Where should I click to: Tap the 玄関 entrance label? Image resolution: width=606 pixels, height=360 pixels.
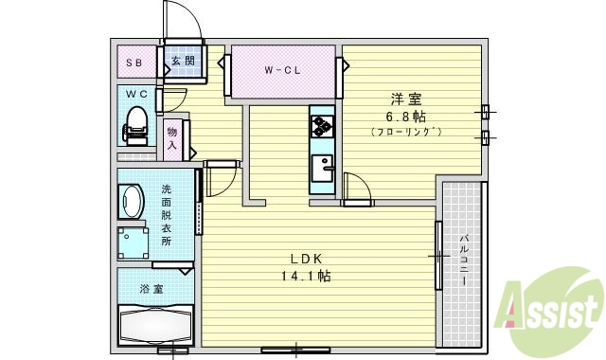(x=182, y=63)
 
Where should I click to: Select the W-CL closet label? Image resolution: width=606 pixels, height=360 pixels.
(x=281, y=70)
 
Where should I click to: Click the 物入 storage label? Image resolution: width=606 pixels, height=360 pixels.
(x=173, y=138)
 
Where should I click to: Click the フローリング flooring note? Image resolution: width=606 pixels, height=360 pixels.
(x=406, y=131)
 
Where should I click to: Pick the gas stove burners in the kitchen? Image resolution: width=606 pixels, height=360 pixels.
(x=321, y=126)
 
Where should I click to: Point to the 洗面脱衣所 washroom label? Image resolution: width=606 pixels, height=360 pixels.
(x=167, y=215)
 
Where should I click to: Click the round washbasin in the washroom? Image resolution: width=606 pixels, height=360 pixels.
(x=130, y=201)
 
